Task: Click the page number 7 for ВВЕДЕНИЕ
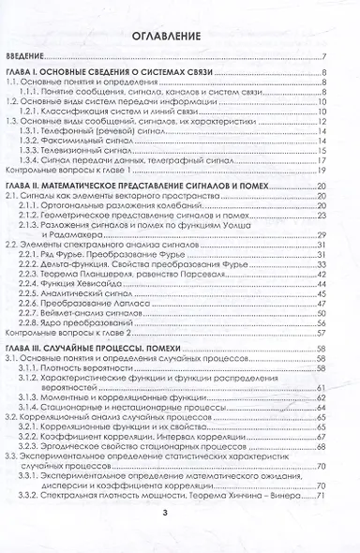pos(322,57)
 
